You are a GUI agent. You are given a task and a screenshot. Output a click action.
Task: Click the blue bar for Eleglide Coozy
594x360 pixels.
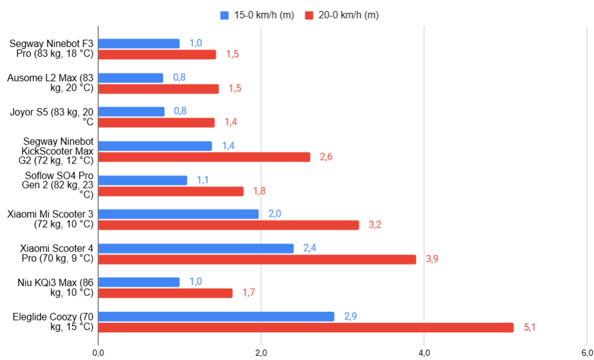click(x=216, y=316)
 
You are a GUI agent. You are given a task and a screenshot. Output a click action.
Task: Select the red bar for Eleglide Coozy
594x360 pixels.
click(x=306, y=328)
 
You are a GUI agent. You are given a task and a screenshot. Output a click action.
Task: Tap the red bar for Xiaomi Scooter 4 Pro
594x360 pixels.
click(x=257, y=259)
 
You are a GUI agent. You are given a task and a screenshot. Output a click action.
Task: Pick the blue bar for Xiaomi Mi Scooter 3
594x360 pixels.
click(x=178, y=214)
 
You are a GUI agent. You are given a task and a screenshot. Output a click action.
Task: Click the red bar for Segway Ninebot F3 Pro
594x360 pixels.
click(x=157, y=54)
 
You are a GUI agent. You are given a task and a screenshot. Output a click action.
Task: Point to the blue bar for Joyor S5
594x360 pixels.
click(x=131, y=112)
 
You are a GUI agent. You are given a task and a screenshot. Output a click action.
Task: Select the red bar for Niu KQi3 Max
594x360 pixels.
click(x=165, y=293)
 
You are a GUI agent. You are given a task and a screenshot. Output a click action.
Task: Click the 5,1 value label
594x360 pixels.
click(x=529, y=328)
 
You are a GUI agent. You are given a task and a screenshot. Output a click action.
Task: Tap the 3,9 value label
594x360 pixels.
click(x=432, y=259)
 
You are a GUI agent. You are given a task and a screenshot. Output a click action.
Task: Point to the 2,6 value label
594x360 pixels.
click(x=326, y=157)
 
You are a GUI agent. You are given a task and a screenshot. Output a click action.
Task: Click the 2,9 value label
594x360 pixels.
click(x=350, y=316)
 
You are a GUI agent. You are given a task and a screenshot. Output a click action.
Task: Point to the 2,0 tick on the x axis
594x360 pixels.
click(x=261, y=353)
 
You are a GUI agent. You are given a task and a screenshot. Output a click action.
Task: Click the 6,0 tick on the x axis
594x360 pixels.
click(x=587, y=353)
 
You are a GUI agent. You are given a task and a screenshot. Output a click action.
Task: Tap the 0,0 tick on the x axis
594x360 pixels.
click(x=98, y=353)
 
